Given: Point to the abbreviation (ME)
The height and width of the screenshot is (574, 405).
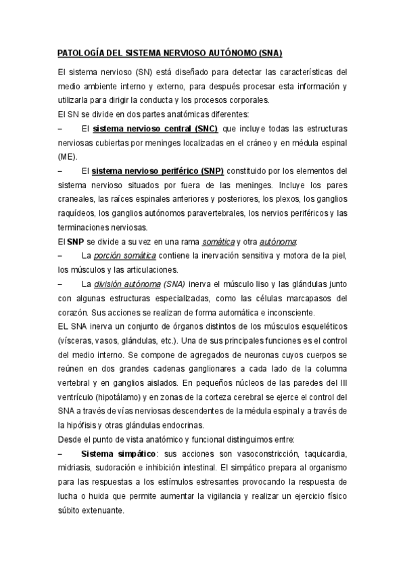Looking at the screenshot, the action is point(68,156).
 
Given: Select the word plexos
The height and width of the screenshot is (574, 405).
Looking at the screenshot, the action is point(285,199).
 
